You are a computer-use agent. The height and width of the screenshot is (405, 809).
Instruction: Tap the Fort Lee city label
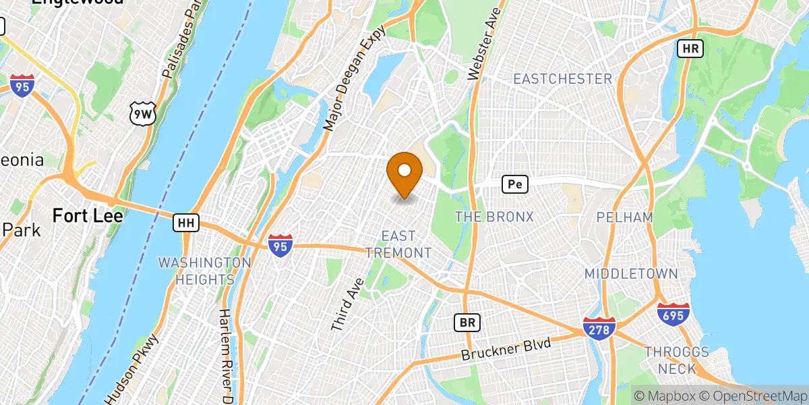point(88,216)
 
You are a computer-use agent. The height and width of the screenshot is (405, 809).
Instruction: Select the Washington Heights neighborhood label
point(205,270)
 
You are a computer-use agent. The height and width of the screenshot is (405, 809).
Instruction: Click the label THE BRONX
point(494,217)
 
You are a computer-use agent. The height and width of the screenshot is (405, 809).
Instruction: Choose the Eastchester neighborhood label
point(562,79)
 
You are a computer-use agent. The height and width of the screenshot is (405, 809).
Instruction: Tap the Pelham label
point(625,217)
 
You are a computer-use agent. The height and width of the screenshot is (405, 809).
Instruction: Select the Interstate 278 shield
point(599,328)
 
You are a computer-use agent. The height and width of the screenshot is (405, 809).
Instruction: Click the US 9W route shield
point(143,115)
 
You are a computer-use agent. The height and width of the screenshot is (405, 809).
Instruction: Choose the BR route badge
point(466,323)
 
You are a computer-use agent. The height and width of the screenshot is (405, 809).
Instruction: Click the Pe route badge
point(514,184)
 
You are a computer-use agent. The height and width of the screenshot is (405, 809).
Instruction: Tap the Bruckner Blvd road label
point(506,348)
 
